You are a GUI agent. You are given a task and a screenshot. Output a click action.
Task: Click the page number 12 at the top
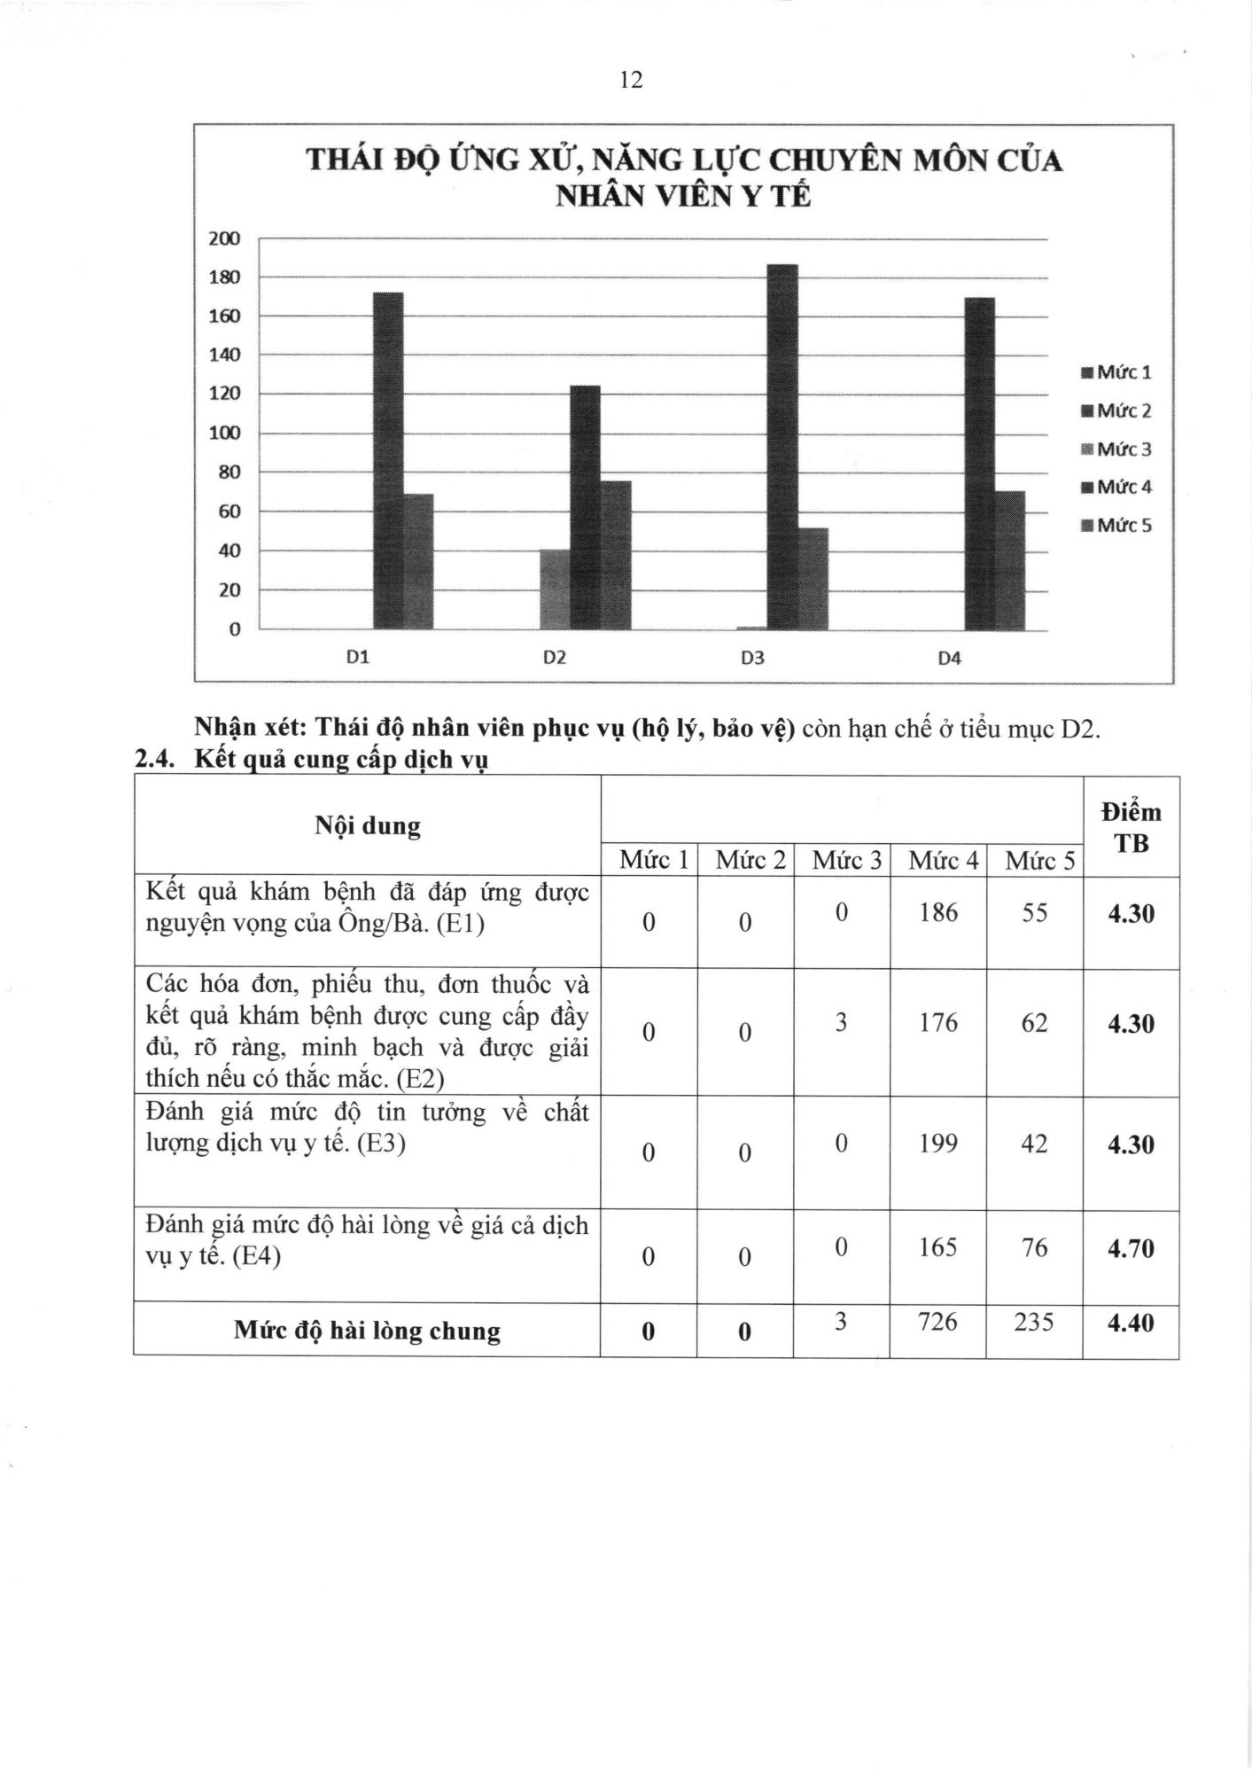tap(631, 81)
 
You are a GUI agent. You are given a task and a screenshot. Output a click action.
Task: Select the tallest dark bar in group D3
tap(782, 447)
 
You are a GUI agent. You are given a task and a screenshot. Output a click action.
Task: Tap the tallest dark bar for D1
tap(388, 460)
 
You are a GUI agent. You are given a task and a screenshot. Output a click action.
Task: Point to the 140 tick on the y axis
tap(224, 355)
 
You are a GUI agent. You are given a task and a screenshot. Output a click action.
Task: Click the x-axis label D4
tap(949, 658)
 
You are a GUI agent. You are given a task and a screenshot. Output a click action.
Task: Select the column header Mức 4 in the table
tap(937, 860)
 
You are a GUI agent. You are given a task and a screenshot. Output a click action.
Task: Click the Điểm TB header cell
tap(1131, 827)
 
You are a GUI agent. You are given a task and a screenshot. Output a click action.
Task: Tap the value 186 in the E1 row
tap(937, 912)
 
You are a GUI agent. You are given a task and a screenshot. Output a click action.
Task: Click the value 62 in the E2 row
tap(1034, 1023)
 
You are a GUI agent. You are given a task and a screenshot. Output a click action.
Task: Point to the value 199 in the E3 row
tap(937, 1144)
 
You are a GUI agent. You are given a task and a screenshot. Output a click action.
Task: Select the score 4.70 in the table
tap(1131, 1248)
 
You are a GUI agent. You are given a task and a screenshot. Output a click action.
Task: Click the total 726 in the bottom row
tap(937, 1322)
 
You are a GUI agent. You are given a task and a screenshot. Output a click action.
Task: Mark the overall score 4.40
tap(1131, 1323)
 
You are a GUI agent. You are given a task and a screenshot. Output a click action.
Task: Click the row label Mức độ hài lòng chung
tap(367, 1331)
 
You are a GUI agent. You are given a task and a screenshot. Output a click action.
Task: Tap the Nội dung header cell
tap(367, 826)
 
